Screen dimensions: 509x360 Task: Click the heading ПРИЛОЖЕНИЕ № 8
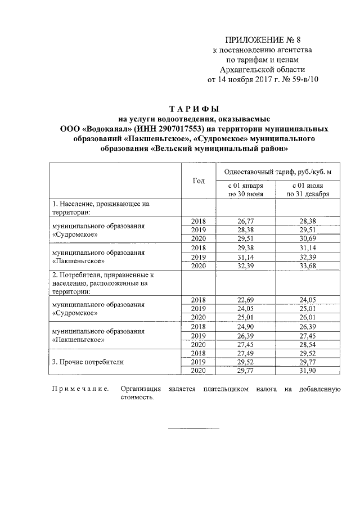[x=255, y=40]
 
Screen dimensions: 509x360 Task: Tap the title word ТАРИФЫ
[x=194, y=109]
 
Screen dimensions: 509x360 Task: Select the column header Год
[x=199, y=180]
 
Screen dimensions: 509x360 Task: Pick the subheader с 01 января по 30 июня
[x=245, y=190]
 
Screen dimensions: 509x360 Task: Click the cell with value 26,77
[x=245, y=221]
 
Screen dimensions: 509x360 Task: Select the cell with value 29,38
[x=245, y=247]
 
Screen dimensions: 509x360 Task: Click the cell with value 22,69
[x=245, y=299]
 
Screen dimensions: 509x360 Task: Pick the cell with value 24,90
[x=245, y=326]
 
